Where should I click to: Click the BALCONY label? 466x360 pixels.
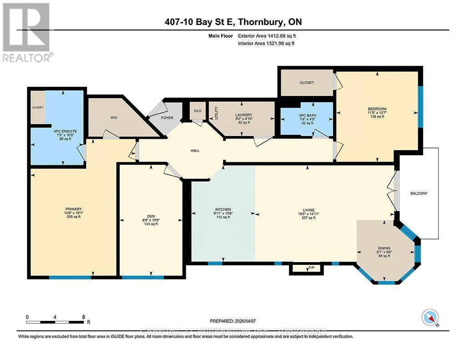click(418, 193)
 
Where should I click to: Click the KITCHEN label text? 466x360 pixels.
click(223, 209)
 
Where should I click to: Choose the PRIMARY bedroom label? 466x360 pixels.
click(73, 209)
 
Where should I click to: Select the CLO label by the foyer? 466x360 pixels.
click(198, 111)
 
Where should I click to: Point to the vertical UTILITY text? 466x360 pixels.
click(217, 112)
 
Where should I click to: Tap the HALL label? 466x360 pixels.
click(195, 151)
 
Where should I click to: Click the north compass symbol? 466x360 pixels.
click(430, 316)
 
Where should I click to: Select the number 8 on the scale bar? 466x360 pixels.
click(83, 317)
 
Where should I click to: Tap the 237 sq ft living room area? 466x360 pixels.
click(308, 218)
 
